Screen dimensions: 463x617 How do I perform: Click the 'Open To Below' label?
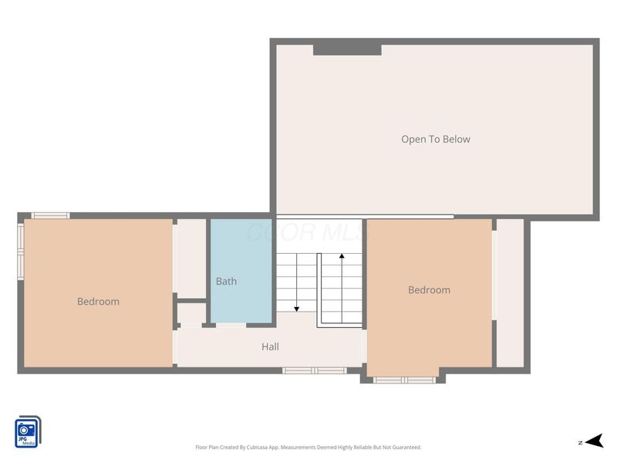(435, 140)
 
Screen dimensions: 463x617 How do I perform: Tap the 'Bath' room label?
(226, 282)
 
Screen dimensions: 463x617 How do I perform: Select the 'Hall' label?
(270, 347)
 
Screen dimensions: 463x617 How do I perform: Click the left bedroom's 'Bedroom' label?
(98, 302)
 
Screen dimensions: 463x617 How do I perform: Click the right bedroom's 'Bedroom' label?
(429, 290)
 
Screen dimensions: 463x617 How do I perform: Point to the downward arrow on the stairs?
(297, 308)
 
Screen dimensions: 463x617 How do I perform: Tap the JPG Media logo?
(29, 432)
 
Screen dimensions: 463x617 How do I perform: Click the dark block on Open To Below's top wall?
(347, 49)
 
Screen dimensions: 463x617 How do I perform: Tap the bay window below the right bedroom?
(404, 380)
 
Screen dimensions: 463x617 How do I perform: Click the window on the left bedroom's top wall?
(51, 215)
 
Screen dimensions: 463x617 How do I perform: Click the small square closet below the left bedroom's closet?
(192, 313)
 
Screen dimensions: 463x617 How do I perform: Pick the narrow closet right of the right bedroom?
(509, 293)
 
